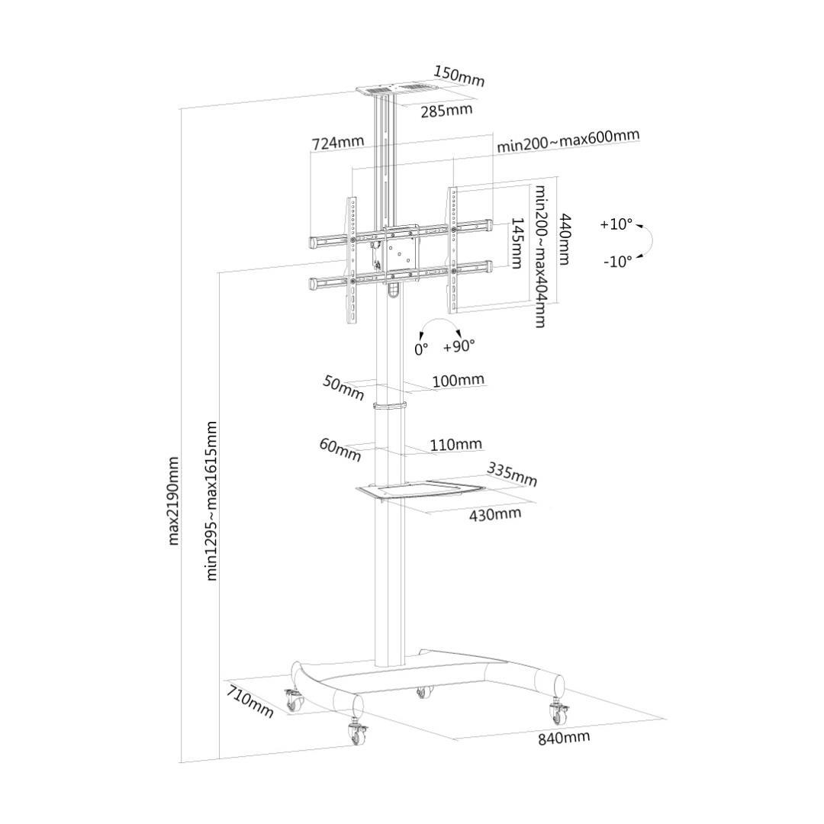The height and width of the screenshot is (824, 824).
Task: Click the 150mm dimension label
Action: (x=459, y=76)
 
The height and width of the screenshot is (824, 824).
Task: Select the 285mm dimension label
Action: (x=446, y=111)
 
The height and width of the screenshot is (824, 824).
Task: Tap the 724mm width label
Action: (x=337, y=142)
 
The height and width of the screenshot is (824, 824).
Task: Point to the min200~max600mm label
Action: (x=568, y=140)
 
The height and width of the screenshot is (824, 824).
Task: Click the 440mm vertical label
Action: (x=565, y=239)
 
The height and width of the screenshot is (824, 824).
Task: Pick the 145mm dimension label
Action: (x=516, y=243)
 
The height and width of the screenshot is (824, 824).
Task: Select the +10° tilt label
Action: (x=616, y=224)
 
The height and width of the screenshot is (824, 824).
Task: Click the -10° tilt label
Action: (x=617, y=261)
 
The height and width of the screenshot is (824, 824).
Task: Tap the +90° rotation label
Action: (x=459, y=346)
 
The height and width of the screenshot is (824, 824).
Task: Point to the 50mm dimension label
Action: (x=343, y=388)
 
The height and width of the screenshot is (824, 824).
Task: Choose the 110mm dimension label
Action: (x=455, y=445)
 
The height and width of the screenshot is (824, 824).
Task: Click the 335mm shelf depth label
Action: (x=512, y=474)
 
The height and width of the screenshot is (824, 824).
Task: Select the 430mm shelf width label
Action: (x=495, y=514)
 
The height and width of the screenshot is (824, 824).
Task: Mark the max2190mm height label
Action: (x=173, y=501)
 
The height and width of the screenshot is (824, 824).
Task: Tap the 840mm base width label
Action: (x=563, y=738)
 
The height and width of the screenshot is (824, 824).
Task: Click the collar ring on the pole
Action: (x=390, y=405)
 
